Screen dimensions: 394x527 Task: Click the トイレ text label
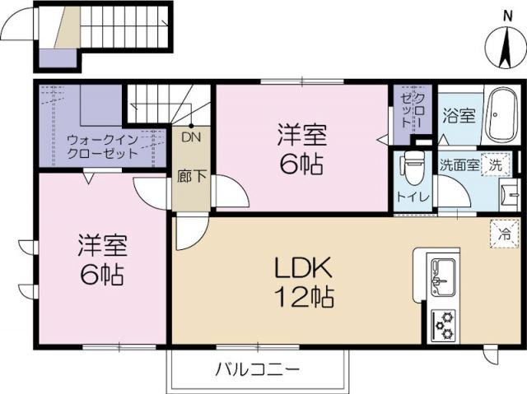(412, 197)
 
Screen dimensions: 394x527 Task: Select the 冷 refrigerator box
(504, 233)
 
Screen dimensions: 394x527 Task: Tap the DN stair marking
(191, 137)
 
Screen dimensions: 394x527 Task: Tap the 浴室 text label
(459, 115)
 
